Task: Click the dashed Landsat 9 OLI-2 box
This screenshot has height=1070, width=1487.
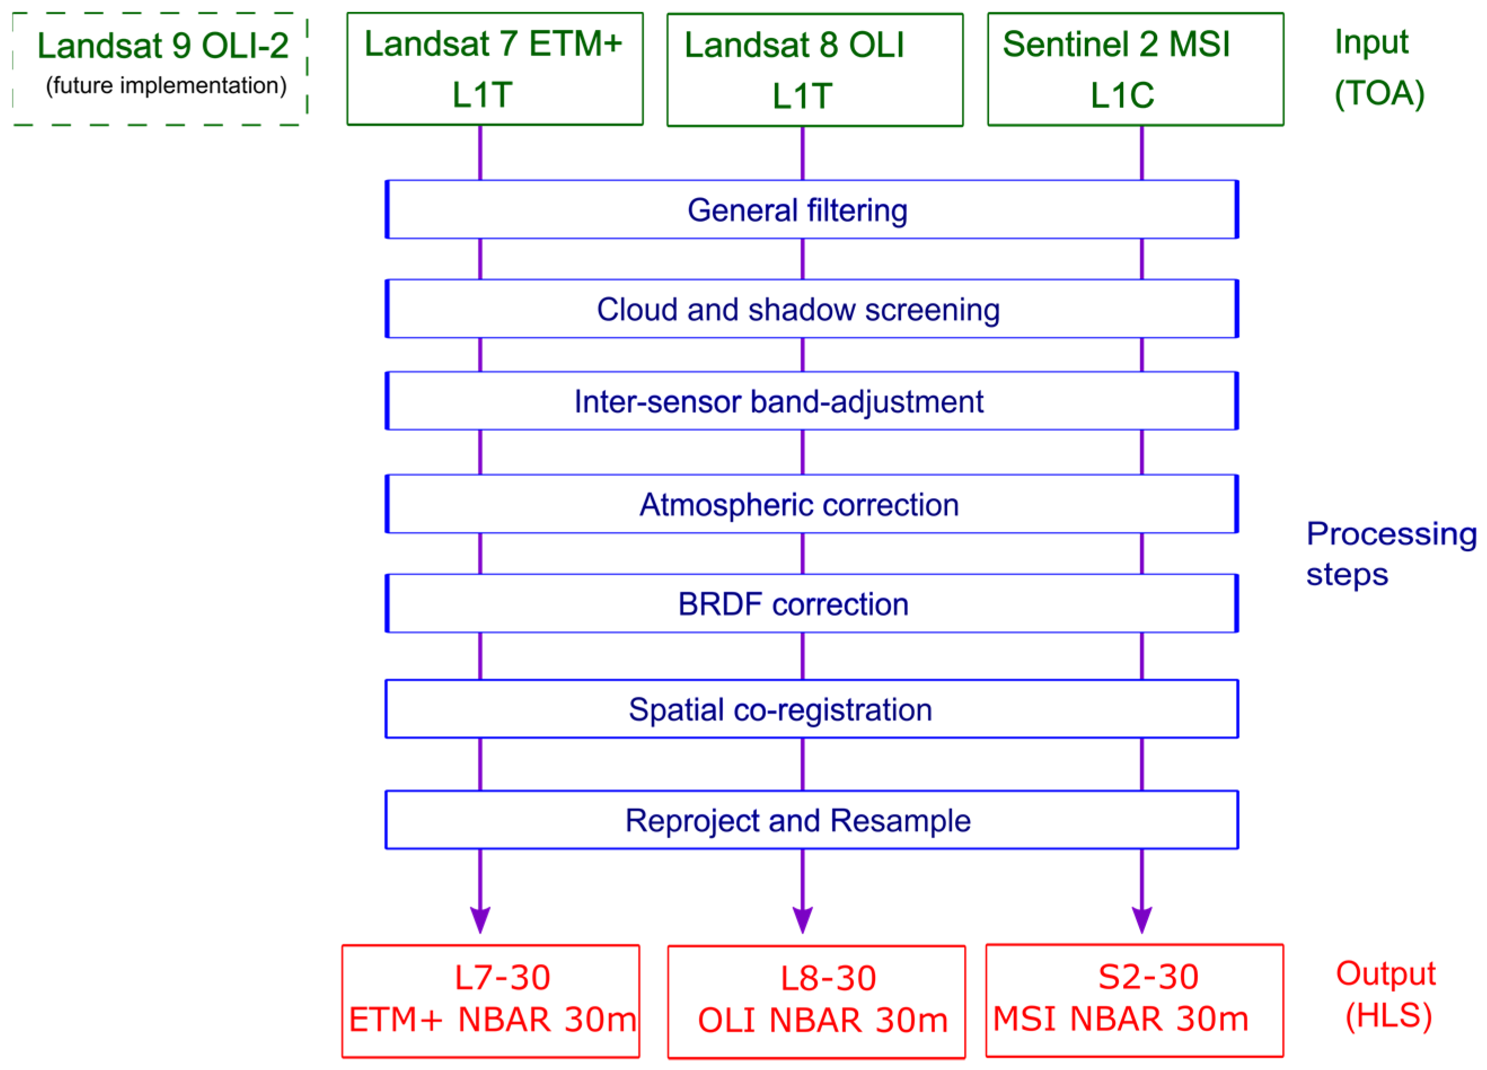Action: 160,68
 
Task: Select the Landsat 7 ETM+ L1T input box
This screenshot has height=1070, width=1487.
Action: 495,68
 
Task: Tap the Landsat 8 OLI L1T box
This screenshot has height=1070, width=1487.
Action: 814,69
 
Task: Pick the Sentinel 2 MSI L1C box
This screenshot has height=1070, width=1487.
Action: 1135,69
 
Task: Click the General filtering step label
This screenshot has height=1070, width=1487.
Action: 797,210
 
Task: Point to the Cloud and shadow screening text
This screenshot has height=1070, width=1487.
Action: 798,310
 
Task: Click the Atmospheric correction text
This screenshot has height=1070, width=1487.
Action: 798,505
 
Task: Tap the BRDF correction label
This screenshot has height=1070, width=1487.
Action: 793,604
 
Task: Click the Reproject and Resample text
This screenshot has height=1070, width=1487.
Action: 797,820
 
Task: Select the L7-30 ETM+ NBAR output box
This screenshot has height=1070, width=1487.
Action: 491,1001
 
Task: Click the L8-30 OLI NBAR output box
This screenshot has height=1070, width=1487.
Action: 817,1001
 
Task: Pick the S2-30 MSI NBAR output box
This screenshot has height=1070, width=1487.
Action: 1134,1000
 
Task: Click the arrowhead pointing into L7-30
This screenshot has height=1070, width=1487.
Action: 480,918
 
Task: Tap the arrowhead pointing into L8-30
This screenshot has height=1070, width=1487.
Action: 802,918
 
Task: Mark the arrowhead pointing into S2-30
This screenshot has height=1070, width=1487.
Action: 1141,918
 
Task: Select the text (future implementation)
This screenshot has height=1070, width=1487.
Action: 166,86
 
